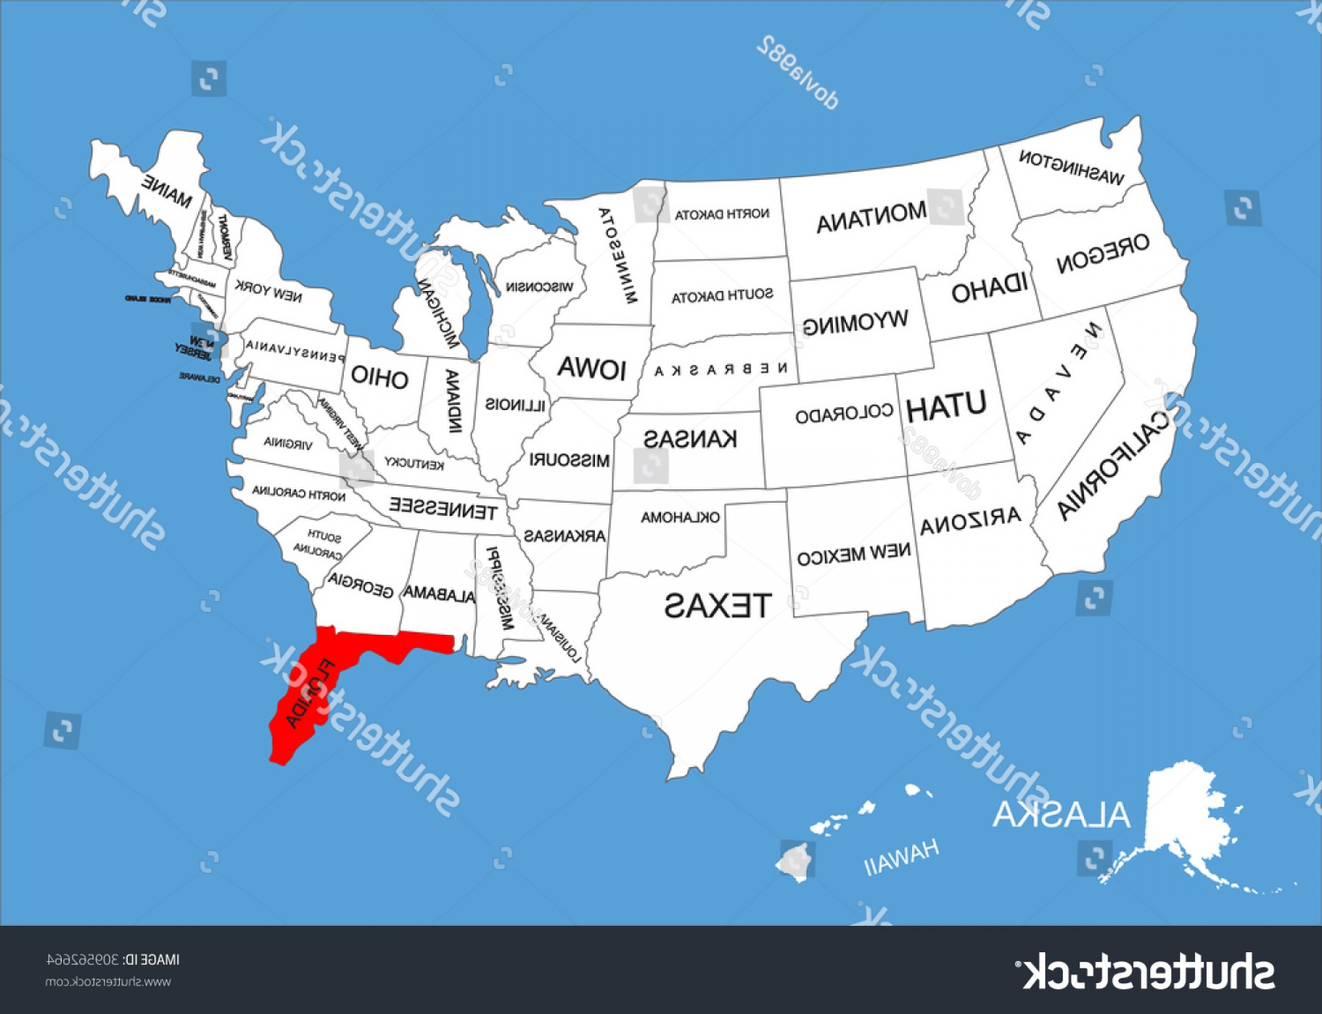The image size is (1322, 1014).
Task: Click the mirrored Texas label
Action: pyautogui.click(x=718, y=605)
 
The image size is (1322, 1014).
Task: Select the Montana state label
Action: pyautogui.click(x=871, y=217)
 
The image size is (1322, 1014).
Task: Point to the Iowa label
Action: pyautogui.click(x=591, y=367)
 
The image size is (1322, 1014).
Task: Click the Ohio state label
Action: pyautogui.click(x=379, y=377)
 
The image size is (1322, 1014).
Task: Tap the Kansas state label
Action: pyautogui.click(x=690, y=439)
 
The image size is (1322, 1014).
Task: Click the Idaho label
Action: pyautogui.click(x=989, y=289)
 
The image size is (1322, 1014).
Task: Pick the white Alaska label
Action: pyautogui.click(x=1061, y=814)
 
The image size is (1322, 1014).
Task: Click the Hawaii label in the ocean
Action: pyautogui.click(x=901, y=856)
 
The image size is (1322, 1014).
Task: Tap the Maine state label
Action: pyautogui.click(x=167, y=190)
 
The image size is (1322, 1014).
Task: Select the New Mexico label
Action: pyautogui.click(x=853, y=555)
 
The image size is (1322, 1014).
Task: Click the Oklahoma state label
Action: pyautogui.click(x=680, y=517)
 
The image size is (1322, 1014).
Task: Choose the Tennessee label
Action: pyautogui.click(x=443, y=508)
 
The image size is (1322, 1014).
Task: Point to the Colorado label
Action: pyautogui.click(x=844, y=414)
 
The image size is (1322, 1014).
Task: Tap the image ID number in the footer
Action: pyautogui.click(x=82, y=960)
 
